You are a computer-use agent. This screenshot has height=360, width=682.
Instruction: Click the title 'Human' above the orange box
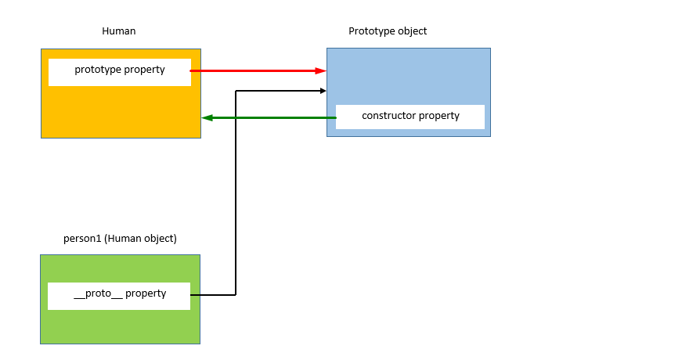119,31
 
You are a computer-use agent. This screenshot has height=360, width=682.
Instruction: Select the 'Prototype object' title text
388,31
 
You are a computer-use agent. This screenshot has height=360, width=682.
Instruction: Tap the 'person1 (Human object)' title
120,239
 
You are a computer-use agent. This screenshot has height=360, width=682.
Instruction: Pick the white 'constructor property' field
410,117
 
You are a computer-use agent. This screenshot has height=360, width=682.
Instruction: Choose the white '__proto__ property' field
119,295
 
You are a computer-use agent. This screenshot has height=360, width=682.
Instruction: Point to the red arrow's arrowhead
321,71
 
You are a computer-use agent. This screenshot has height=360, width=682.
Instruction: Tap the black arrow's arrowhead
323,91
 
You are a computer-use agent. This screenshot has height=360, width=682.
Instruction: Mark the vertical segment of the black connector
236,196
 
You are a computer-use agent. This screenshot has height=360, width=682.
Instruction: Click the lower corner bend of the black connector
236,295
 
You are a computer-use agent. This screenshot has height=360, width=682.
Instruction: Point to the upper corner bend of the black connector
236,91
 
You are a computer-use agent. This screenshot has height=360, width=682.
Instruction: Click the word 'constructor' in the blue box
388,116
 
